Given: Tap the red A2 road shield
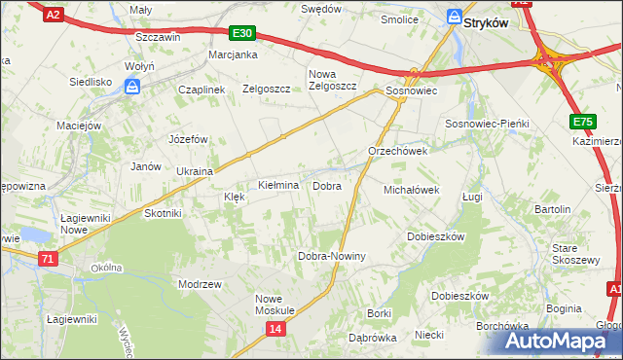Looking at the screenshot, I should click(x=55, y=14).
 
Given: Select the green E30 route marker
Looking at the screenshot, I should click(x=243, y=33).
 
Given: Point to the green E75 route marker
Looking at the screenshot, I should click(x=582, y=122).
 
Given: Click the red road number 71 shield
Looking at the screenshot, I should click(x=48, y=259).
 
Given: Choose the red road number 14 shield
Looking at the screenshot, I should click(x=276, y=331).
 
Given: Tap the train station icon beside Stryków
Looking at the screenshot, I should click(x=454, y=17).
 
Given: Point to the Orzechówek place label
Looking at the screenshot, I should click(x=398, y=152).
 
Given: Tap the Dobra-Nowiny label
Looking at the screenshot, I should click(x=331, y=256).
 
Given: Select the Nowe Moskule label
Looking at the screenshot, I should click(x=275, y=304).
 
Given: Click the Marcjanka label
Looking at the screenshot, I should click(x=233, y=54).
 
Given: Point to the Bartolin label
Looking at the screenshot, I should click(x=553, y=209).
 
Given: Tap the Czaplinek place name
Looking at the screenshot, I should click(x=202, y=89).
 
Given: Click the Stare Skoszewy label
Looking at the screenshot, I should click(x=575, y=254).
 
